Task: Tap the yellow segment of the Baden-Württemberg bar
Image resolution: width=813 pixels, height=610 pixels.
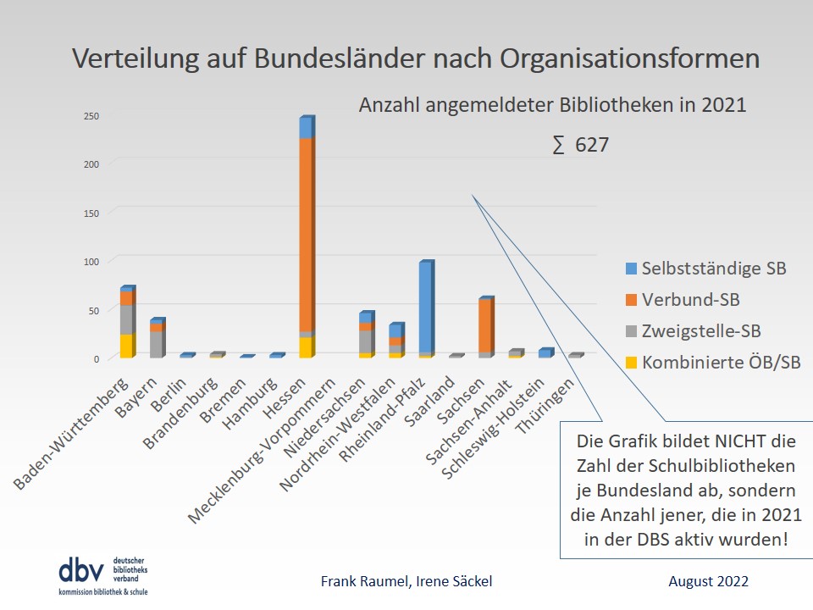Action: (126, 346)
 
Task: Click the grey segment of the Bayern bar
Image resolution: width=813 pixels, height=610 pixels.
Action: (158, 344)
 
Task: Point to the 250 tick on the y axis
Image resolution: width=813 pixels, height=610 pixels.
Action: (91, 116)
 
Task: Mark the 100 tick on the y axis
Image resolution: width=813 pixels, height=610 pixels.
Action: (91, 262)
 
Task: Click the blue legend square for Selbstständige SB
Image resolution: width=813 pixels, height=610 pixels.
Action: (631, 269)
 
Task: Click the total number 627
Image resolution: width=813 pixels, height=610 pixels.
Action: (592, 146)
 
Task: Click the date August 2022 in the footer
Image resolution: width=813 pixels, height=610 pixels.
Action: (708, 581)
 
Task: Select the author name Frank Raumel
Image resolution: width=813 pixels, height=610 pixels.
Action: (357, 581)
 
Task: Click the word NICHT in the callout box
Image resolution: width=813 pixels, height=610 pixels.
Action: (712, 441)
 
